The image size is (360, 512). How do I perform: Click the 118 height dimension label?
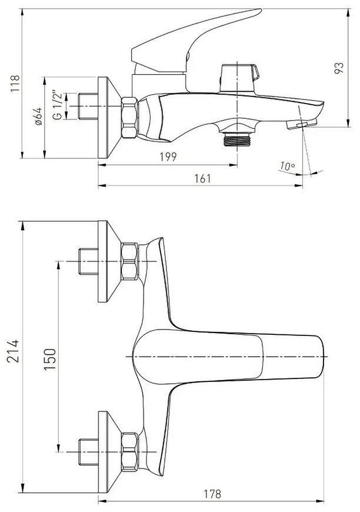15,84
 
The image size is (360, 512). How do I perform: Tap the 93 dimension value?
339,68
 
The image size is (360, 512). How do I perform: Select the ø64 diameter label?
38,117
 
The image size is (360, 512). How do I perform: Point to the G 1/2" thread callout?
58,106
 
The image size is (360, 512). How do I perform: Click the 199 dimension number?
168,157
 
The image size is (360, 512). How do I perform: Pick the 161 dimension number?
203,179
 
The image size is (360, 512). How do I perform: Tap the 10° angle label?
286,166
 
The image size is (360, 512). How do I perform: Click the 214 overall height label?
14,351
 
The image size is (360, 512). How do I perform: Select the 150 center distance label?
50,359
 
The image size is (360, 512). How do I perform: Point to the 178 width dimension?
212,494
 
